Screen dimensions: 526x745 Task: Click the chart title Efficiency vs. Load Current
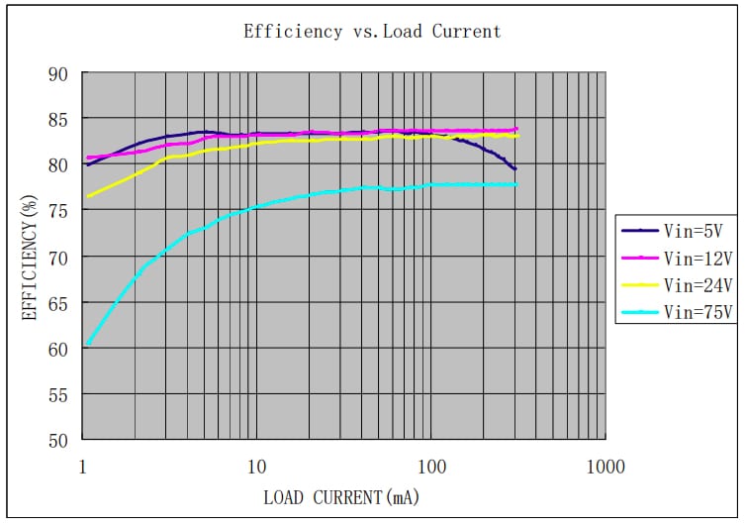(x=372, y=32)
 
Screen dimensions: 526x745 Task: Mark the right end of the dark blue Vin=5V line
(x=515, y=169)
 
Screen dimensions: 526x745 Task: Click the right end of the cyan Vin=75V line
(x=515, y=185)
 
